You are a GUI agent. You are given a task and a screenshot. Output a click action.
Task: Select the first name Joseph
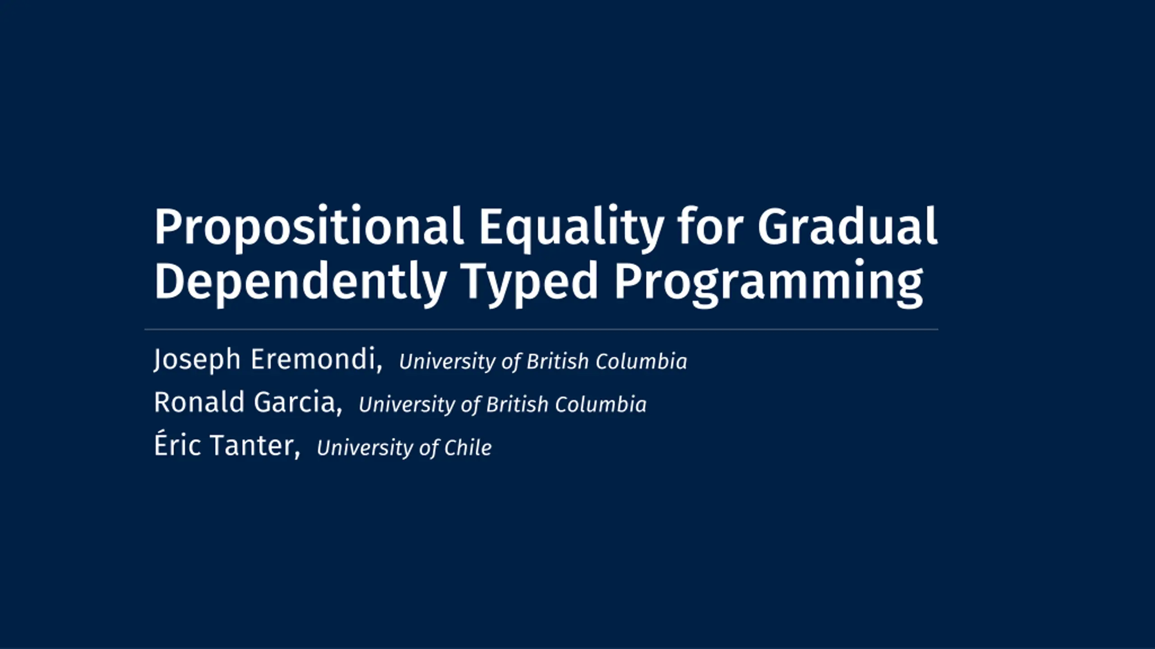197,360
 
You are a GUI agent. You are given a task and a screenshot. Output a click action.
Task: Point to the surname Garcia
298,402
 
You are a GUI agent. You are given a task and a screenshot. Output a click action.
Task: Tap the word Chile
468,448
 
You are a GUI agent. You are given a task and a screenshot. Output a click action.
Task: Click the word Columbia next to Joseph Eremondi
641,361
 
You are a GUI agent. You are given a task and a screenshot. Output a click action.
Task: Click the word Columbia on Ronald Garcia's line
601,404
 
